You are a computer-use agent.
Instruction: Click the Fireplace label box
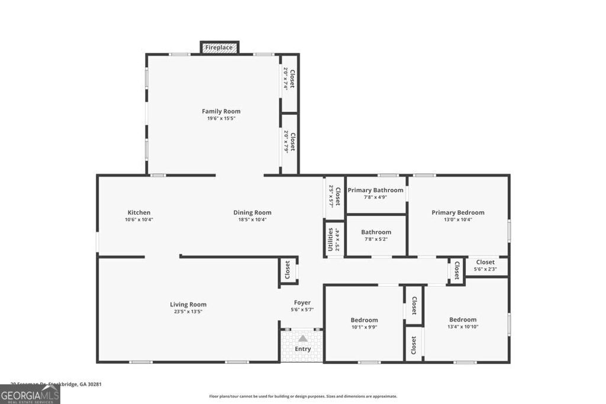coord(219,47)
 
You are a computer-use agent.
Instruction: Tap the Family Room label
coord(221,111)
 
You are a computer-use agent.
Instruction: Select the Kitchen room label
coord(139,212)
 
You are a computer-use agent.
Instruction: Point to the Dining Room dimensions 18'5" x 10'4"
coord(252,219)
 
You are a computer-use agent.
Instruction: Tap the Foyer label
coord(302,302)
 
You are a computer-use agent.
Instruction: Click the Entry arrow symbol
coord(302,339)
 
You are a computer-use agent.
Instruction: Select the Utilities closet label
coord(330,239)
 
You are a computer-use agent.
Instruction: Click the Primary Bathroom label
coord(375,190)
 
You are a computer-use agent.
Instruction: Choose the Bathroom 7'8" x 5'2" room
coord(376,235)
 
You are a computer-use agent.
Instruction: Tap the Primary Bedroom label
coord(457,212)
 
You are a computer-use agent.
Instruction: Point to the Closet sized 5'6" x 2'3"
coord(485,265)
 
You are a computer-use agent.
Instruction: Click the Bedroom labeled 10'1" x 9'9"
coord(364,323)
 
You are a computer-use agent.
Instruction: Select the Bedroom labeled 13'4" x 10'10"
coord(462,323)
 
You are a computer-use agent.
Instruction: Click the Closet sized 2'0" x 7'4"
coord(289,79)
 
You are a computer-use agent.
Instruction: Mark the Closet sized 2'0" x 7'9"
coord(289,141)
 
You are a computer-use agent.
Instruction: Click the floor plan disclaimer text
coord(303,396)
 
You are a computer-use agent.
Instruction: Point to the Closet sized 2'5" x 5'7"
coord(335,195)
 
